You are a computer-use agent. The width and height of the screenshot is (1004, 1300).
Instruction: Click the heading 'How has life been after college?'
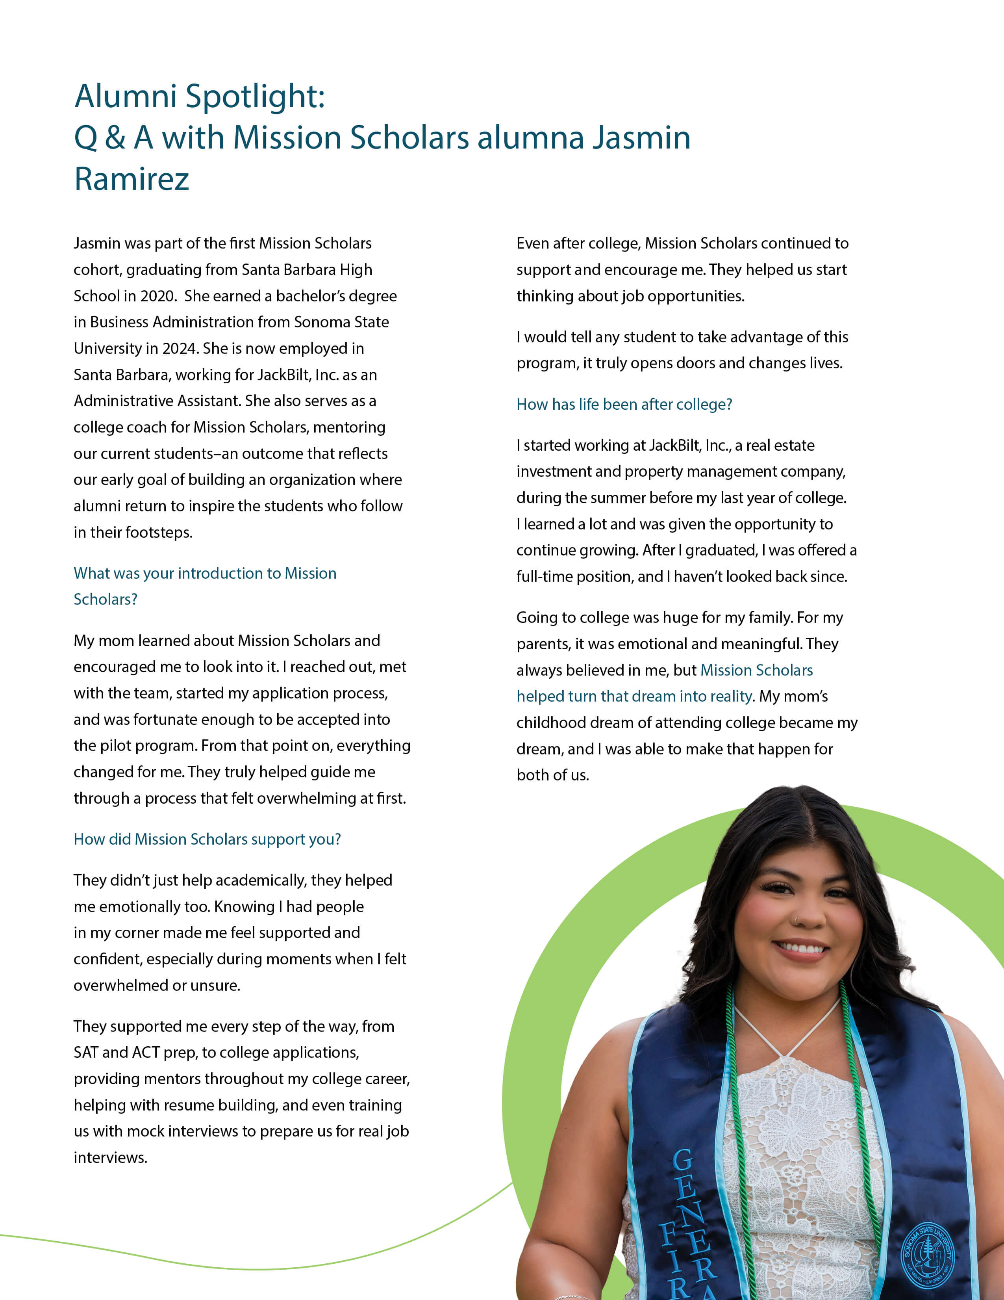624,404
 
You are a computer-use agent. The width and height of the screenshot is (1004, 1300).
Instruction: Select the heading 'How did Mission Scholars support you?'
207,839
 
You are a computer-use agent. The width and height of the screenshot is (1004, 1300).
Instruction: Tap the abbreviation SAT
86,1052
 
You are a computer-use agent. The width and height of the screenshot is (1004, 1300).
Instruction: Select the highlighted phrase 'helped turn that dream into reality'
634,696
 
